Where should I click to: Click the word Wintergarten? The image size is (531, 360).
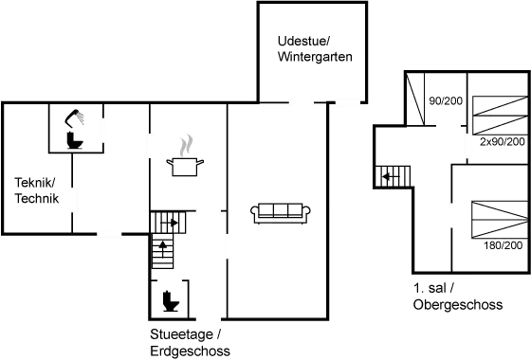pos(315,58)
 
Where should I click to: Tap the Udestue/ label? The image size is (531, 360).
pos(303,42)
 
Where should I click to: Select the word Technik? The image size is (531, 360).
pos(38,199)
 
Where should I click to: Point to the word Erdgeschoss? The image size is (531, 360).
pos(190,351)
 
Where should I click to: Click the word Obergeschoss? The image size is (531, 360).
pos(458,305)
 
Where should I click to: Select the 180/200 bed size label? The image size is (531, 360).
pos(504,245)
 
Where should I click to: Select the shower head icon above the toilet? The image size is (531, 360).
pos(74,119)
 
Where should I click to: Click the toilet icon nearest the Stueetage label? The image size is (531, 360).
pos(171,302)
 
